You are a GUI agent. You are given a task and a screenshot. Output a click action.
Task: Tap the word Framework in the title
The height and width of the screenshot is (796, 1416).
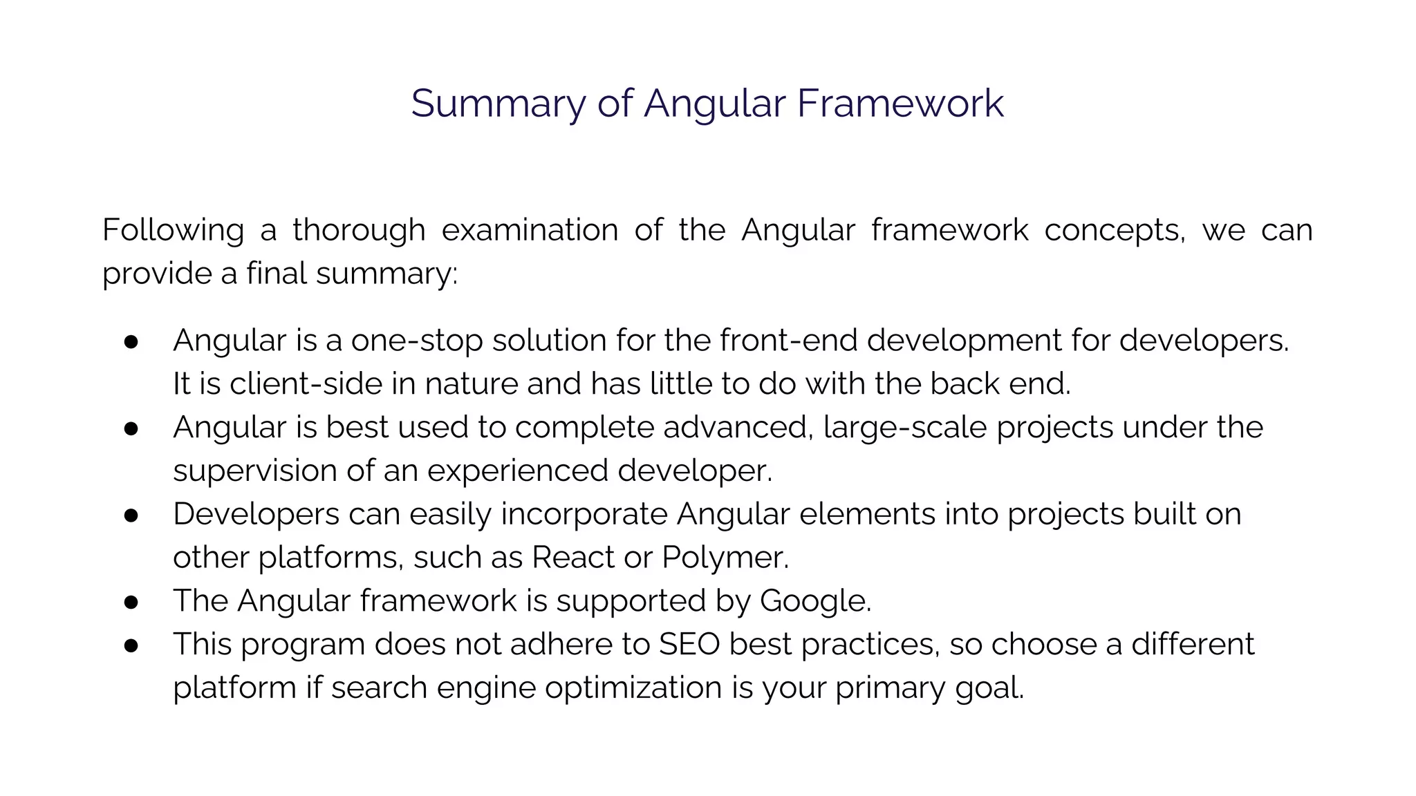(x=900, y=104)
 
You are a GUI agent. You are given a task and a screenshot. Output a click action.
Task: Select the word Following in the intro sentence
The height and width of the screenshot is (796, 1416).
(x=173, y=230)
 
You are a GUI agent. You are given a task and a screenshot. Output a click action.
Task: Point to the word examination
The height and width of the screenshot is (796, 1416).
(x=530, y=230)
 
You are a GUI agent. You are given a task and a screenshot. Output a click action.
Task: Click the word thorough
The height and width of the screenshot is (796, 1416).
(x=359, y=230)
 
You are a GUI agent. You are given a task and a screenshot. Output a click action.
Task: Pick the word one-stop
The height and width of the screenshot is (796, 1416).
(x=417, y=341)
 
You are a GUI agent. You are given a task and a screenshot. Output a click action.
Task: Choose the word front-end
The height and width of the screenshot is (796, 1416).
(x=788, y=341)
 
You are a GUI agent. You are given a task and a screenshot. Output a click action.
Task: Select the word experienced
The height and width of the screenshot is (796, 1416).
(x=518, y=471)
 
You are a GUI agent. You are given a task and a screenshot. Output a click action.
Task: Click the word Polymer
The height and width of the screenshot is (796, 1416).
(x=725, y=558)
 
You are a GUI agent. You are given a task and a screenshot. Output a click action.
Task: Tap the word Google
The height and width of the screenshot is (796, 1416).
(x=815, y=601)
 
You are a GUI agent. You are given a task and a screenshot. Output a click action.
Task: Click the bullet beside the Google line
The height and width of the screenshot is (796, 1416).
(x=131, y=602)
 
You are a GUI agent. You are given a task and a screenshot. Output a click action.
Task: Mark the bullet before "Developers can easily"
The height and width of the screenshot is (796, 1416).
(x=131, y=515)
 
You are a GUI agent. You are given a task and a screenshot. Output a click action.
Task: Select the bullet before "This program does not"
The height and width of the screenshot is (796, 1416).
(x=131, y=645)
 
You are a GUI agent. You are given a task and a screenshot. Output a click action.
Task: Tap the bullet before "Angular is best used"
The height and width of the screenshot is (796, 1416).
(x=131, y=428)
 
